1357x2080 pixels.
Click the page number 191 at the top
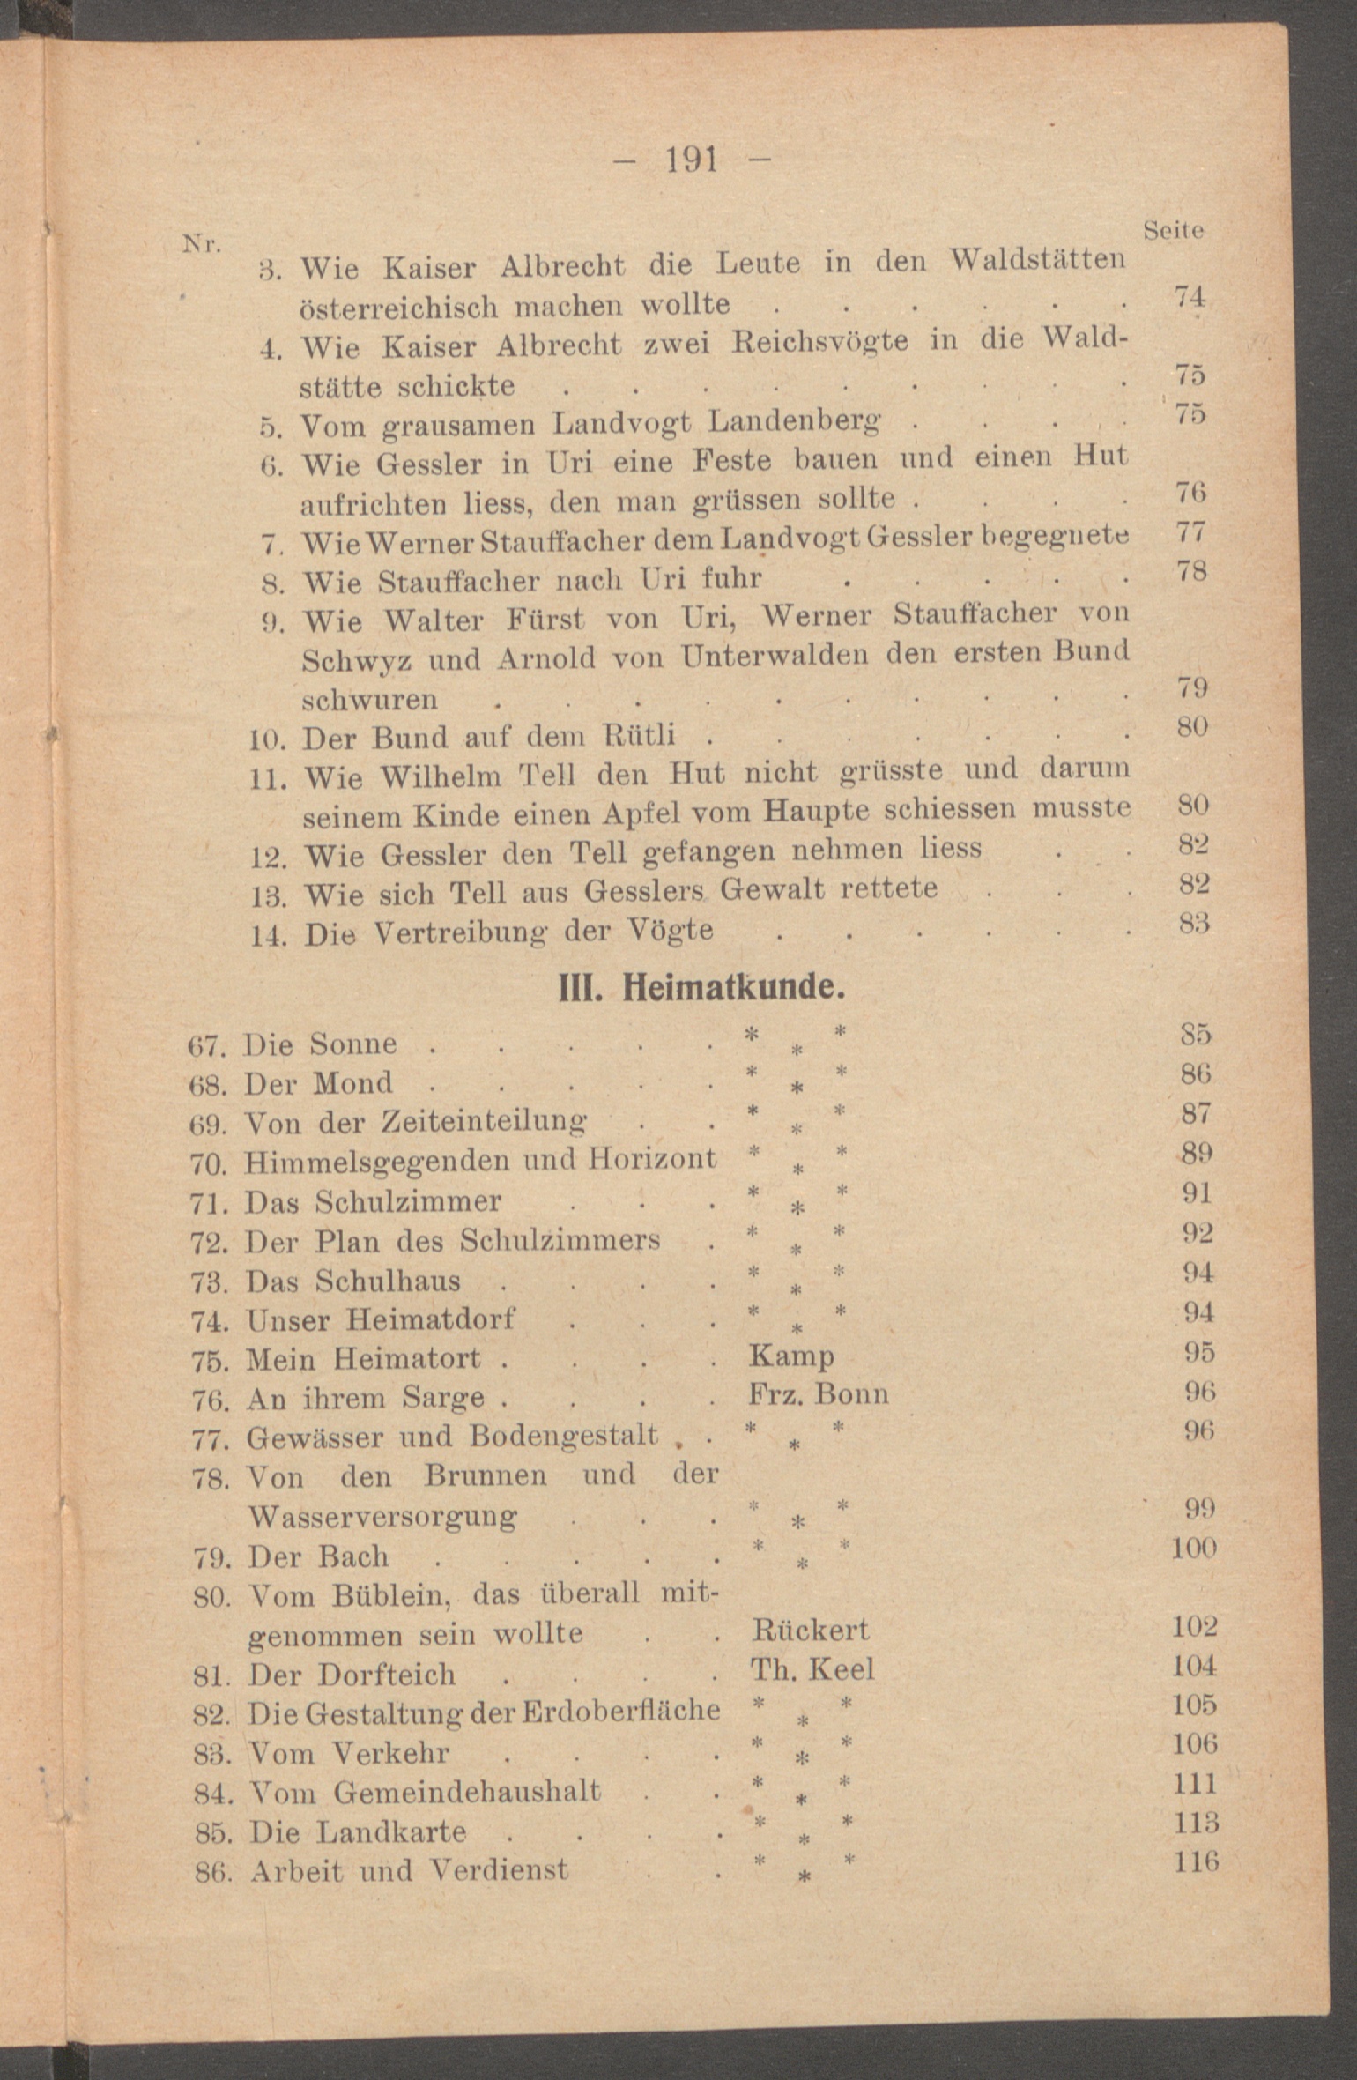pyautogui.click(x=692, y=160)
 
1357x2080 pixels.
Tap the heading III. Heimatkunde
pyautogui.click(x=702, y=988)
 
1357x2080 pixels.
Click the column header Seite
pyautogui.click(x=1173, y=231)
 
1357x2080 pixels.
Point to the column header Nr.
pyautogui.click(x=201, y=243)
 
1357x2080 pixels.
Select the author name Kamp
pyautogui.click(x=791, y=1356)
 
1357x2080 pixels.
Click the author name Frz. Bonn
pyautogui.click(x=818, y=1394)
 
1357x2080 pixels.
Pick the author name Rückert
pyautogui.click(x=810, y=1631)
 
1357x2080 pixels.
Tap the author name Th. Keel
pyautogui.click(x=812, y=1670)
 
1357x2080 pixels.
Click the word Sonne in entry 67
pyautogui.click(x=352, y=1044)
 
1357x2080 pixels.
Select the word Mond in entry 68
pyautogui.click(x=352, y=1084)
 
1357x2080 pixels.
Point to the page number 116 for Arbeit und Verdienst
pyautogui.click(x=1196, y=1861)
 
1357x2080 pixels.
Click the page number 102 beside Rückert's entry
pyautogui.click(x=1194, y=1626)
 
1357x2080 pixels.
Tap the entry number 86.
pyautogui.click(x=212, y=1872)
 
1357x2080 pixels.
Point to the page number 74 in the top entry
pyautogui.click(x=1189, y=297)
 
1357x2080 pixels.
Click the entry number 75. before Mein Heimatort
pyautogui.click(x=211, y=1360)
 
